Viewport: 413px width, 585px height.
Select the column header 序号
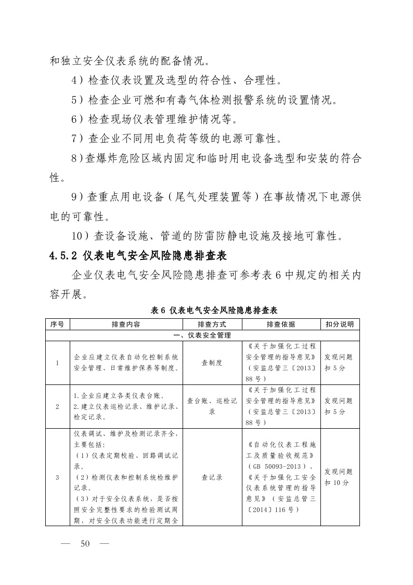57,324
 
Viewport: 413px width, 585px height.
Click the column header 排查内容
126,324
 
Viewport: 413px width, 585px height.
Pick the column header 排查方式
212,324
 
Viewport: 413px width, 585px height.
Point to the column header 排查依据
281,324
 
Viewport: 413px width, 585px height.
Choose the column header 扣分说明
340,324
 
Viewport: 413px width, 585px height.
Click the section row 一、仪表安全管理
202,335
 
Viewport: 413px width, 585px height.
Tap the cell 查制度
212,363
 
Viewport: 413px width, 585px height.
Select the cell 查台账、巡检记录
212,406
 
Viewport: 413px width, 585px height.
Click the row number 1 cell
57,363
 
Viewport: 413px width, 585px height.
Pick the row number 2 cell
57,406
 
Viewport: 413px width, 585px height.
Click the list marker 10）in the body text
82,237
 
